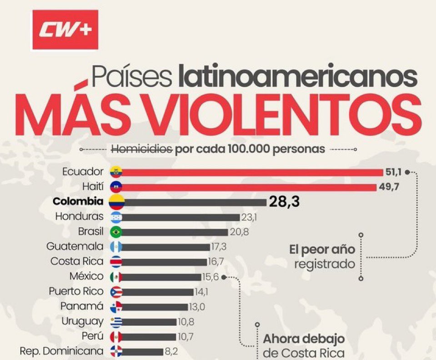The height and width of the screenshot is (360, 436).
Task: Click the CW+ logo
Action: coord(65,30)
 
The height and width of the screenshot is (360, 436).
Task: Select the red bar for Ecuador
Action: coord(252,172)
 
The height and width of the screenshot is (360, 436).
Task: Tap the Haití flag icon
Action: coord(116,187)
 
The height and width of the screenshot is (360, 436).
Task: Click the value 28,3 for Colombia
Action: coord(284,202)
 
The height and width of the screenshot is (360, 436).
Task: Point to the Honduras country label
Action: coord(80,217)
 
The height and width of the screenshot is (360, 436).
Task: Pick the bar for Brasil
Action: coord(175,232)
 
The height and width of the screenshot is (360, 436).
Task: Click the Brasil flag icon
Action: coord(116,232)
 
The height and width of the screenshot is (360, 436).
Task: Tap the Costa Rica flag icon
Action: coord(116,262)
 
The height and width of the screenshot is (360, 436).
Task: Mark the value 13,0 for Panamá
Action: coord(196,307)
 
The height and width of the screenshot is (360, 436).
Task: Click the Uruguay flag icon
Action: coord(116,322)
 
